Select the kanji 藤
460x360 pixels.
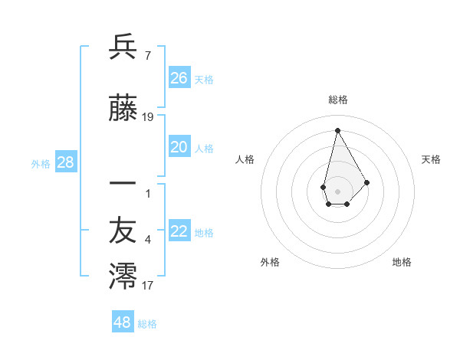pos(123,111)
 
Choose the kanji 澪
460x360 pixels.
pos(123,277)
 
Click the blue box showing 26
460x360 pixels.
pos(179,77)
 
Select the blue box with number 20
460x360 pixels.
pos(179,147)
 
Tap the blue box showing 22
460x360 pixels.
pos(179,232)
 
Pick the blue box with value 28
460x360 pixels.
pos(65,162)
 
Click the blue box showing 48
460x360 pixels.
pos(123,322)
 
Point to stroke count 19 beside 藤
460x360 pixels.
pos(148,117)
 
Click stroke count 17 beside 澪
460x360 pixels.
pos(148,286)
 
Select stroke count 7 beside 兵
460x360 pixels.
pos(148,54)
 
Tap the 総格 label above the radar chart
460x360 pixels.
pos(338,100)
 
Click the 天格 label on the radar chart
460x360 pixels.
pos(432,159)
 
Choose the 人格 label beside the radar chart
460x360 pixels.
pos(245,159)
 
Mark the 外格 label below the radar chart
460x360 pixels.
pos(270,262)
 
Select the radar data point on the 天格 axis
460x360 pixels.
pos(367,182)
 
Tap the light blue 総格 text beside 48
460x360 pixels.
pos(147,324)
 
